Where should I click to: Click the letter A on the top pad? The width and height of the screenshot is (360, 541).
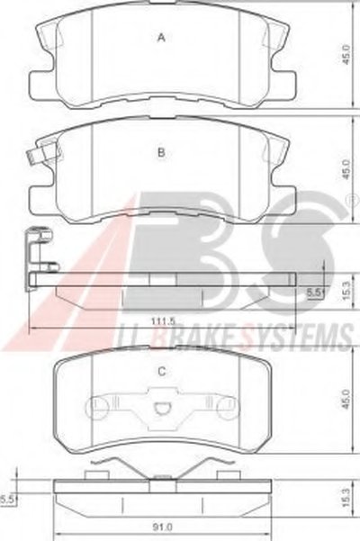point(161,38)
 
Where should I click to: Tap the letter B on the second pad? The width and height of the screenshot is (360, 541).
point(161,152)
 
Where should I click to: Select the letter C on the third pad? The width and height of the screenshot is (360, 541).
point(161,372)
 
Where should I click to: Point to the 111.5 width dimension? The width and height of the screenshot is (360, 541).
point(163,320)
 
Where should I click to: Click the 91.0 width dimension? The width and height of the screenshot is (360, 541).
point(163,527)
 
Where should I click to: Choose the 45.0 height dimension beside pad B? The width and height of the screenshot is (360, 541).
point(346,169)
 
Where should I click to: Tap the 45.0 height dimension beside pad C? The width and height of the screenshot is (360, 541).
point(346,400)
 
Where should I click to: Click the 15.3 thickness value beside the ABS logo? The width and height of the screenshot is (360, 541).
point(346,290)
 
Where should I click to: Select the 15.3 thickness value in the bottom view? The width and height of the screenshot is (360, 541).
point(346,497)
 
